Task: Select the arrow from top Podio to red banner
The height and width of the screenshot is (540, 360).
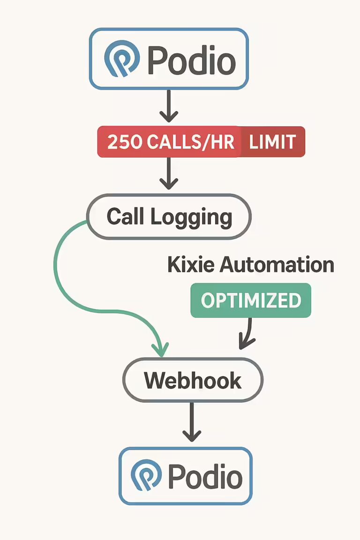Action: click(169, 106)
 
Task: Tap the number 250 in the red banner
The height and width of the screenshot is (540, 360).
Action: click(124, 142)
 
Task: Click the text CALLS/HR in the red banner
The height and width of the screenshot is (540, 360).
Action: click(189, 142)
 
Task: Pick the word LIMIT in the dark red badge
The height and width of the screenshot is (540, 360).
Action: click(272, 142)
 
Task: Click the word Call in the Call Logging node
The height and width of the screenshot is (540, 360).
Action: click(125, 217)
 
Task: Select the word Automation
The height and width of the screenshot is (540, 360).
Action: click(277, 265)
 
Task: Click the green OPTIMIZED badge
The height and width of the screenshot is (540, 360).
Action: click(251, 300)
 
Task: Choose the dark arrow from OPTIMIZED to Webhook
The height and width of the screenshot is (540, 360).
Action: click(247, 334)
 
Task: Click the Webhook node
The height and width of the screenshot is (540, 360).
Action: click(193, 380)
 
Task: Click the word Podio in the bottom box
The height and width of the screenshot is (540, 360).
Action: click(205, 477)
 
